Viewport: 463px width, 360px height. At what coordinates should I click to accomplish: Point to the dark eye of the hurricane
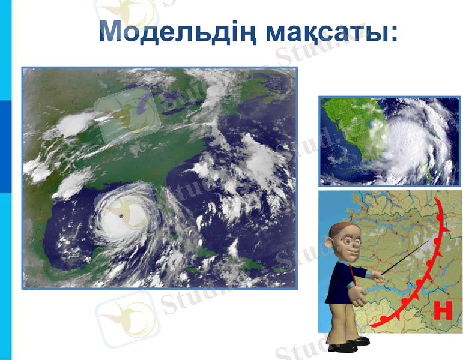tap(123, 215)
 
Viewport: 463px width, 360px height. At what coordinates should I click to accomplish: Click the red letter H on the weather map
tap(443, 311)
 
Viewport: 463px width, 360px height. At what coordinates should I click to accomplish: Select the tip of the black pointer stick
tap(430, 241)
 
